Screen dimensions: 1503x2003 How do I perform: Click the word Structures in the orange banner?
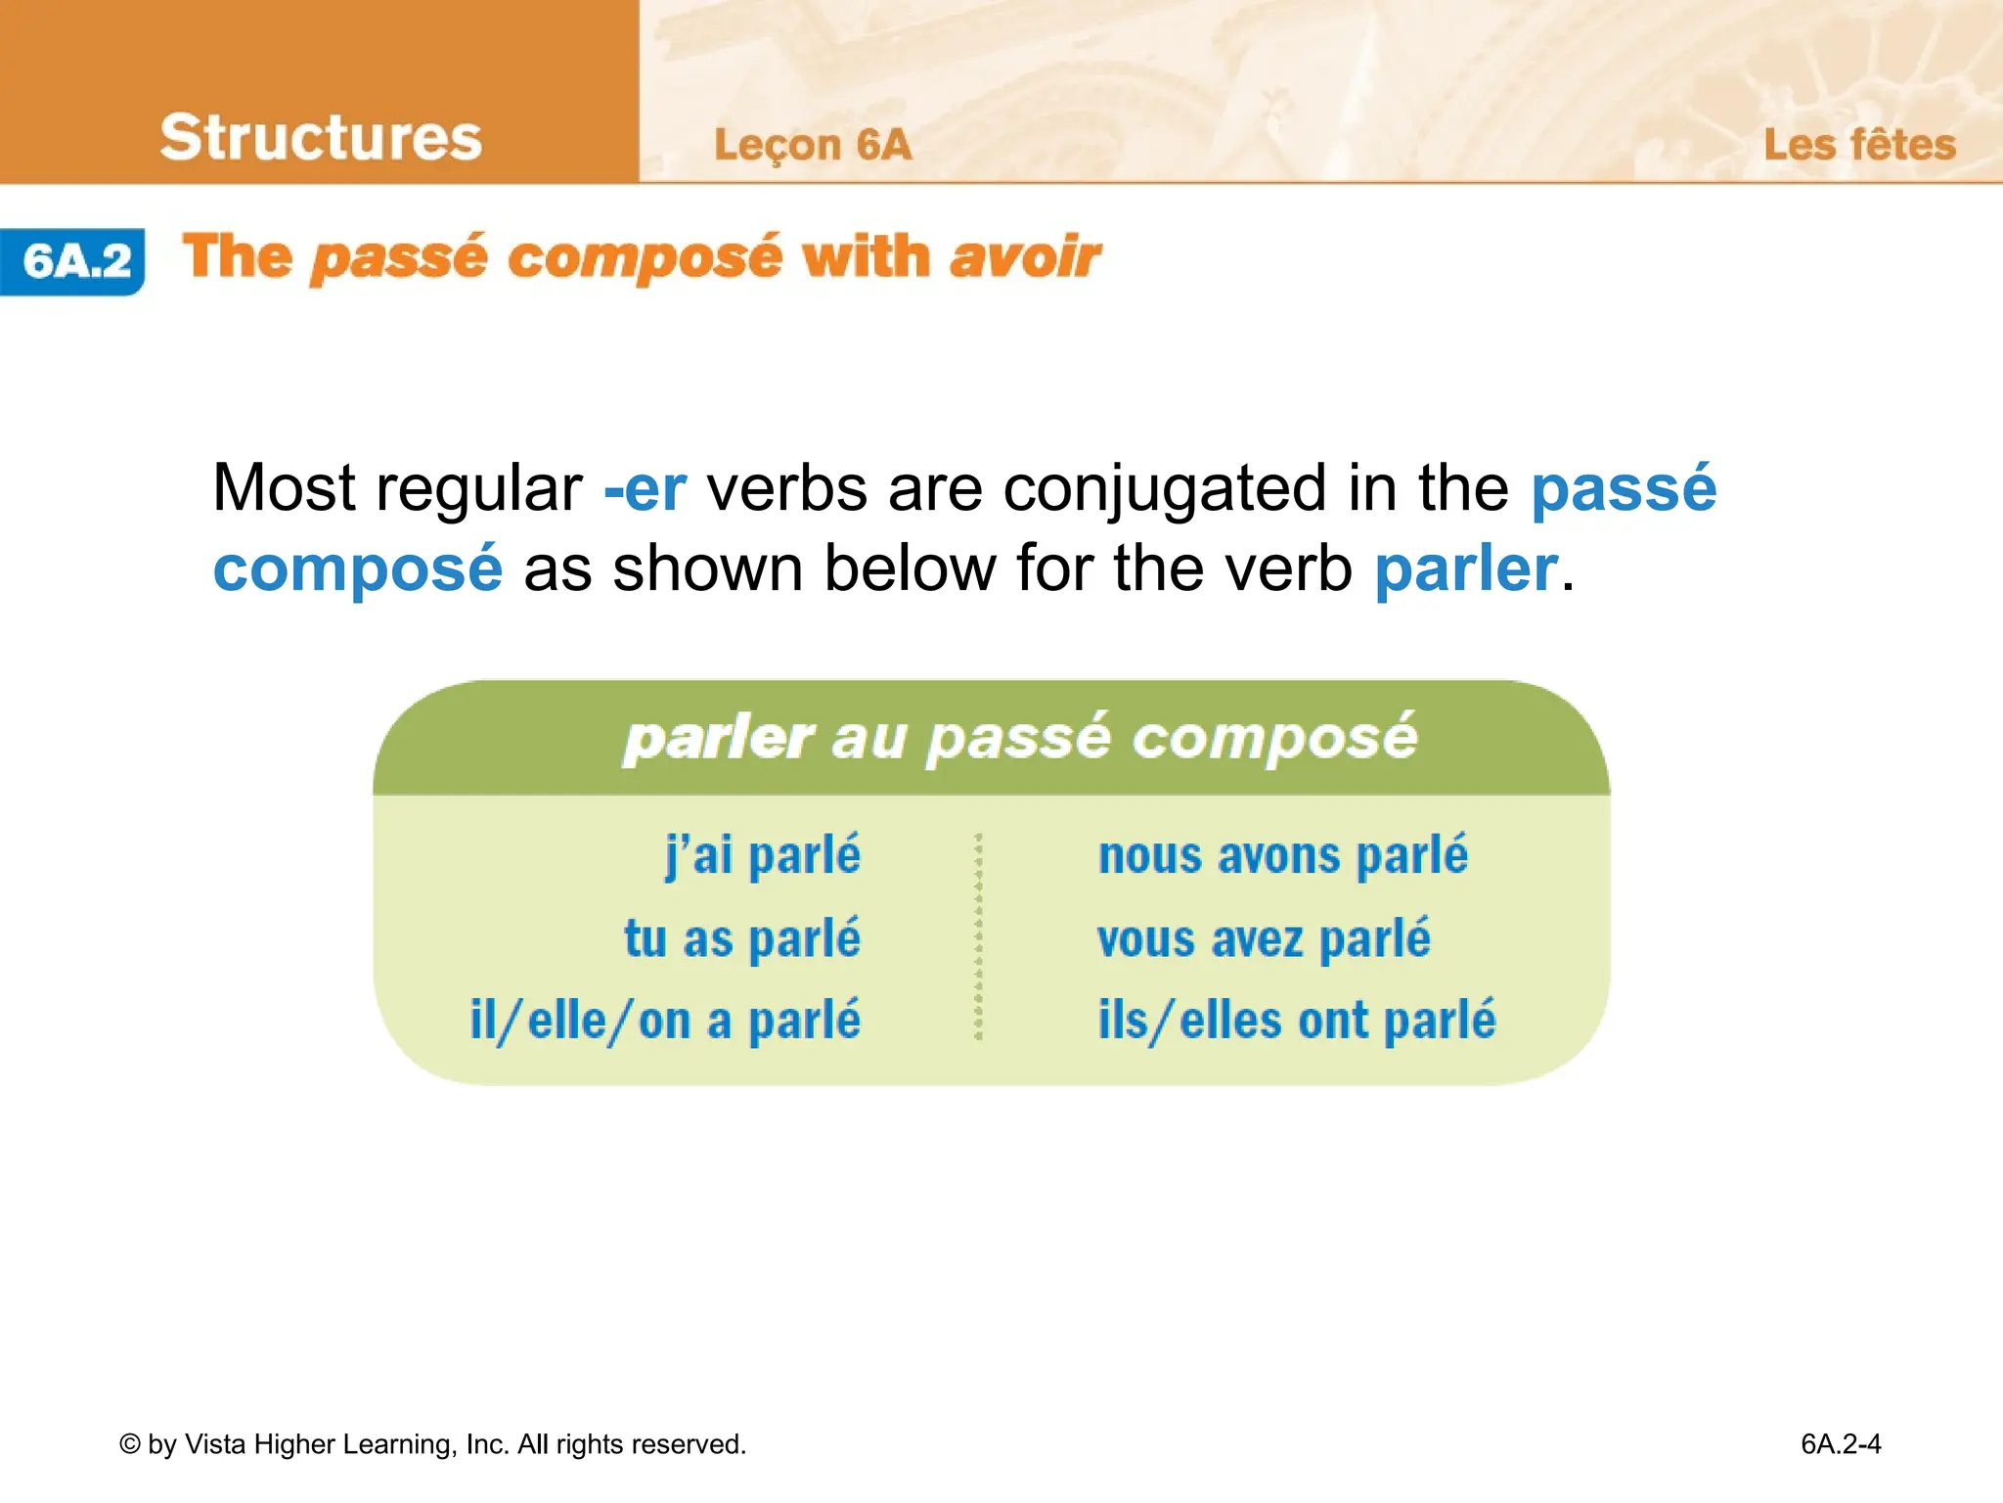point(321,137)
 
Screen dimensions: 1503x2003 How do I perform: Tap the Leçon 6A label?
point(812,145)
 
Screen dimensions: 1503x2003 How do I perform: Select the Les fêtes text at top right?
point(1858,145)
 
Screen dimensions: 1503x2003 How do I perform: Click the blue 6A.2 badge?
point(74,261)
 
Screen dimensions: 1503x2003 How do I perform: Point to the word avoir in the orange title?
point(1024,257)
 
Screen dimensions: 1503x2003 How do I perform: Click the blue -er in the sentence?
point(645,488)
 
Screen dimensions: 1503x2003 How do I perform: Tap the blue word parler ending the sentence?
point(1464,569)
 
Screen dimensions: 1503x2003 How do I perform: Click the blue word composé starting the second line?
point(357,569)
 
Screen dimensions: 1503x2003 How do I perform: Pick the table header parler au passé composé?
point(1020,738)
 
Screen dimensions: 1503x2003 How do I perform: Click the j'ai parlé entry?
point(763,855)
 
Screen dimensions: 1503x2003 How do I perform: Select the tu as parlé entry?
point(742,938)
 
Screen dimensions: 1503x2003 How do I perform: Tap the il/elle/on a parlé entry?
point(665,1021)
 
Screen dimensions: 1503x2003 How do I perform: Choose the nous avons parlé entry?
point(1282,855)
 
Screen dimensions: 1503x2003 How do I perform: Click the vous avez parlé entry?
point(1263,938)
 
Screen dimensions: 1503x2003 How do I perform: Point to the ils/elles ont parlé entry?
point(1297,1021)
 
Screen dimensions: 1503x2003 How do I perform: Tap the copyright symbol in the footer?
point(130,1444)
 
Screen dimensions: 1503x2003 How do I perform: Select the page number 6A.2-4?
point(1841,1444)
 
